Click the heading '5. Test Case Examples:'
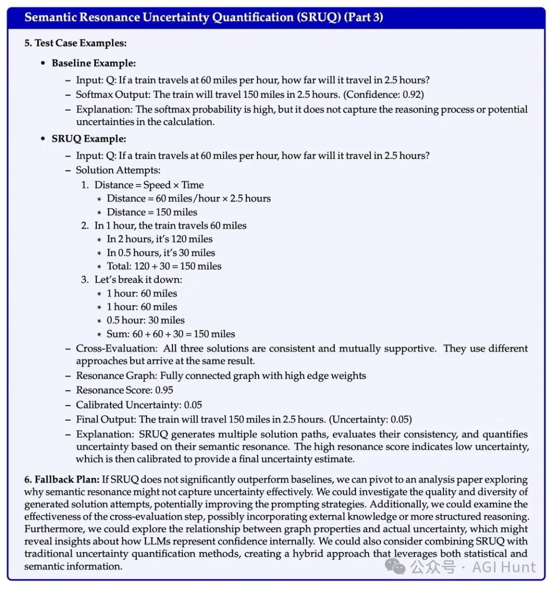(x=75, y=43)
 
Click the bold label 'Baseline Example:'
(x=94, y=63)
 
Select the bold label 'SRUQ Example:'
(x=89, y=139)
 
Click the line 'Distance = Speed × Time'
(x=149, y=185)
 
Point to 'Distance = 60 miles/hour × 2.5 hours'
(x=188, y=198)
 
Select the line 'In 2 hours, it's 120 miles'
(x=159, y=239)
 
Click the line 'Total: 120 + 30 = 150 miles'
(x=164, y=266)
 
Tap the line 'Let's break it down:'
(x=138, y=280)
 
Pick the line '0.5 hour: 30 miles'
(x=145, y=320)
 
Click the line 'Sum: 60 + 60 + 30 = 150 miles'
(x=171, y=334)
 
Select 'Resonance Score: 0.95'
(x=124, y=390)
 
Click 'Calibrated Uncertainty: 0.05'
(x=139, y=405)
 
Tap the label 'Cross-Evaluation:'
(x=117, y=349)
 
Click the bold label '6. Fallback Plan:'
(x=61, y=480)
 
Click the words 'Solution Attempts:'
(x=118, y=170)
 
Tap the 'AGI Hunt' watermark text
(x=504, y=567)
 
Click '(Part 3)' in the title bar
(x=364, y=17)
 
